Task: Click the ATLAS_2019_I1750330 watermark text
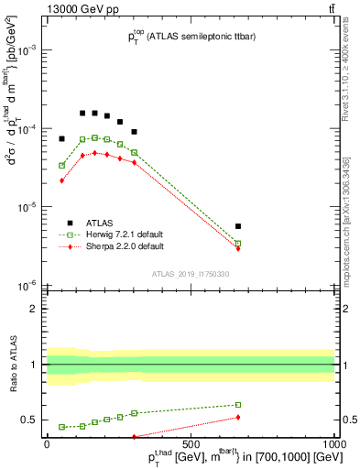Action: [x=190, y=274]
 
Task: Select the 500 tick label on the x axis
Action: [x=191, y=443]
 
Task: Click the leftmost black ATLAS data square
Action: [x=61, y=138]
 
